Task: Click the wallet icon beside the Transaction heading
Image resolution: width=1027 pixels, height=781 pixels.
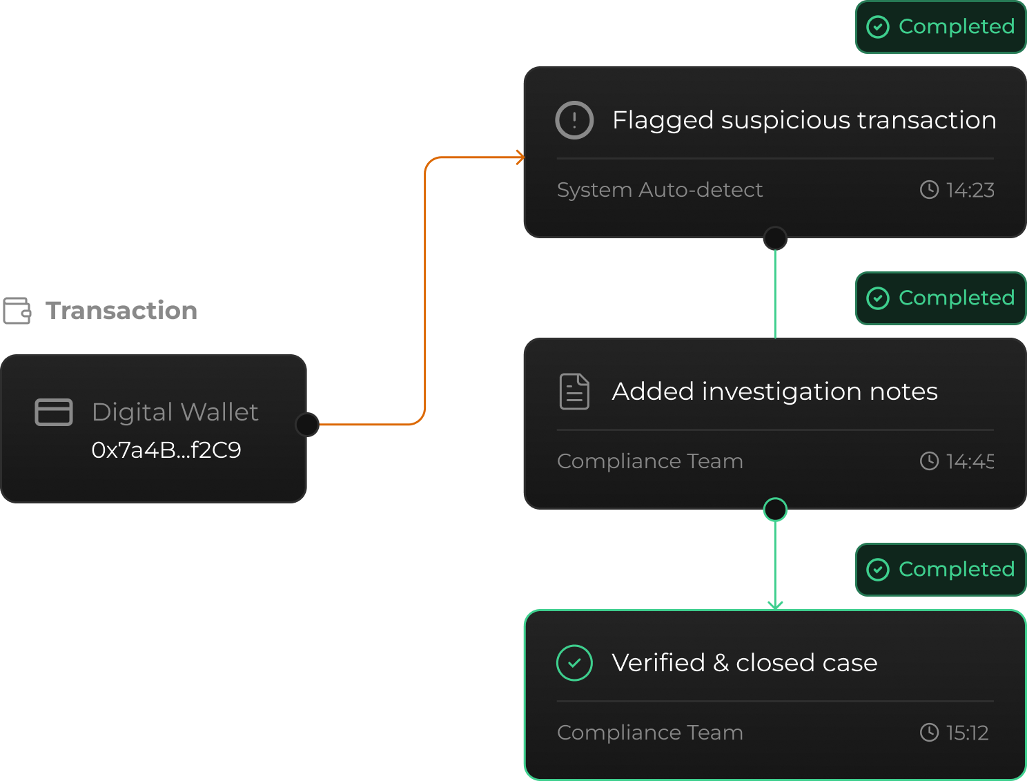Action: click(x=17, y=311)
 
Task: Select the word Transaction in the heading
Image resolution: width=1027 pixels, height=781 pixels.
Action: click(x=121, y=311)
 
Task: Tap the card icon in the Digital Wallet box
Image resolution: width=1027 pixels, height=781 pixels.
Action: click(x=54, y=412)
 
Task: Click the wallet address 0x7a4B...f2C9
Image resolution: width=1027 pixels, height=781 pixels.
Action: click(x=166, y=450)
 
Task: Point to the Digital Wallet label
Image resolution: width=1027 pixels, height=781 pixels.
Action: click(x=175, y=412)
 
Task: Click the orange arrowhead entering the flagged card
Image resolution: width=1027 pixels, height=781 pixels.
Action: click(x=520, y=158)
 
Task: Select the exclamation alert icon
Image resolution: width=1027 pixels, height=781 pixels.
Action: click(x=574, y=120)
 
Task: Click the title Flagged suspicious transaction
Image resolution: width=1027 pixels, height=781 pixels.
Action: click(x=804, y=120)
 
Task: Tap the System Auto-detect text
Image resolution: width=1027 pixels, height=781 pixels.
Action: click(x=660, y=190)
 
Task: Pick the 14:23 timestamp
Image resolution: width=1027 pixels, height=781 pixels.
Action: click(x=970, y=190)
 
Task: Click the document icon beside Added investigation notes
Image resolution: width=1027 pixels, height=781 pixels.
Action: click(x=574, y=392)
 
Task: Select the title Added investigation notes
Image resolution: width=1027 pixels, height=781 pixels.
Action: click(x=774, y=392)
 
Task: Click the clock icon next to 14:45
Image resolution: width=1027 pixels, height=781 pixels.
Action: click(x=930, y=461)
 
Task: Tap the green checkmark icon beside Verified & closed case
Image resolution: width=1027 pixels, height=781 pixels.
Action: click(x=574, y=663)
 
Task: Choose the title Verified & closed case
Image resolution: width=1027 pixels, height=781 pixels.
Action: click(x=744, y=663)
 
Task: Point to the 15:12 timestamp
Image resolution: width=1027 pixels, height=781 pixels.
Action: click(x=967, y=733)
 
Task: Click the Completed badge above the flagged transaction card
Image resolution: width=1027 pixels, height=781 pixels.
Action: click(x=941, y=27)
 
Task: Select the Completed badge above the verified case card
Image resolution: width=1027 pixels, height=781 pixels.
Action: click(x=941, y=570)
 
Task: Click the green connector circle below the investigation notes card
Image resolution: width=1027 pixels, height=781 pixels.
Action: click(x=775, y=510)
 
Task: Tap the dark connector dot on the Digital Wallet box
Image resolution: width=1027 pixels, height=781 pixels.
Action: click(x=306, y=425)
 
